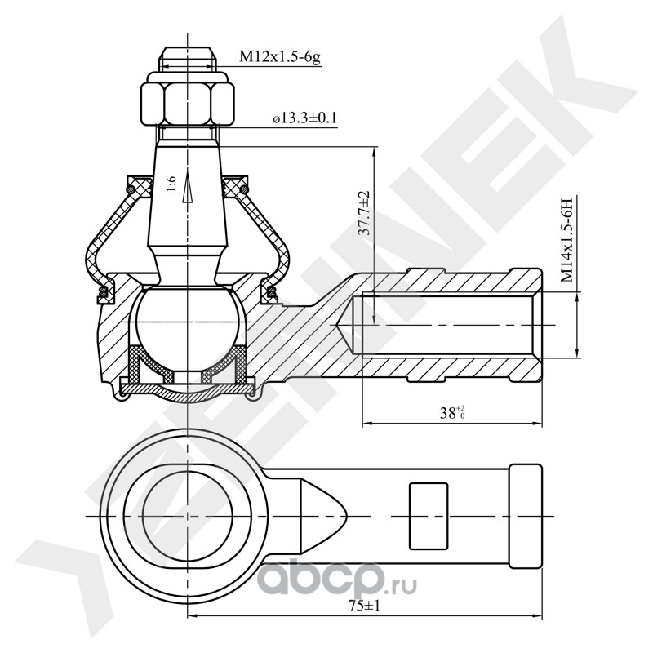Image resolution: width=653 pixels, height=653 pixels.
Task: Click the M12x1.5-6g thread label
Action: [x=280, y=58]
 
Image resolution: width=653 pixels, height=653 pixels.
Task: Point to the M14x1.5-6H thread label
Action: [x=566, y=241]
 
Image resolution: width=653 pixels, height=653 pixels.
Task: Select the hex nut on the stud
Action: [x=187, y=100]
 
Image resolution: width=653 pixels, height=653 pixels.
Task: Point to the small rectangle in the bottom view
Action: [x=428, y=516]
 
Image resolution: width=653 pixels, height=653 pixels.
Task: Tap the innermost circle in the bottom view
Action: [x=187, y=516]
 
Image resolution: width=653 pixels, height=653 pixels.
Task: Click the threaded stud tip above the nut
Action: [x=187, y=59]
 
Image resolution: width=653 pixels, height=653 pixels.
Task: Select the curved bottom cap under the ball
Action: [x=187, y=395]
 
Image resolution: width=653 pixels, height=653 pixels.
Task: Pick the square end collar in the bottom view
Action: [x=526, y=516]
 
